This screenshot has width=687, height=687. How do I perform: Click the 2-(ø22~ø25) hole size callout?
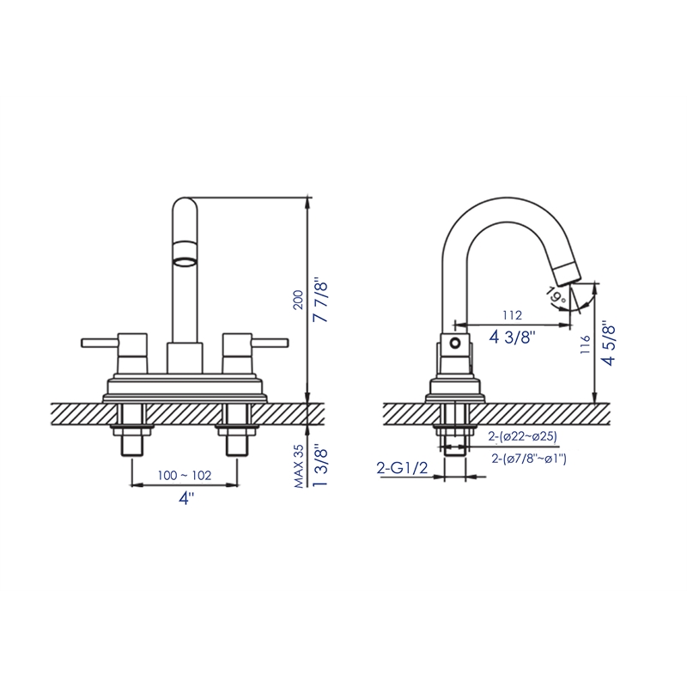point(521,437)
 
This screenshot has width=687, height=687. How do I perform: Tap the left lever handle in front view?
point(101,343)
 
